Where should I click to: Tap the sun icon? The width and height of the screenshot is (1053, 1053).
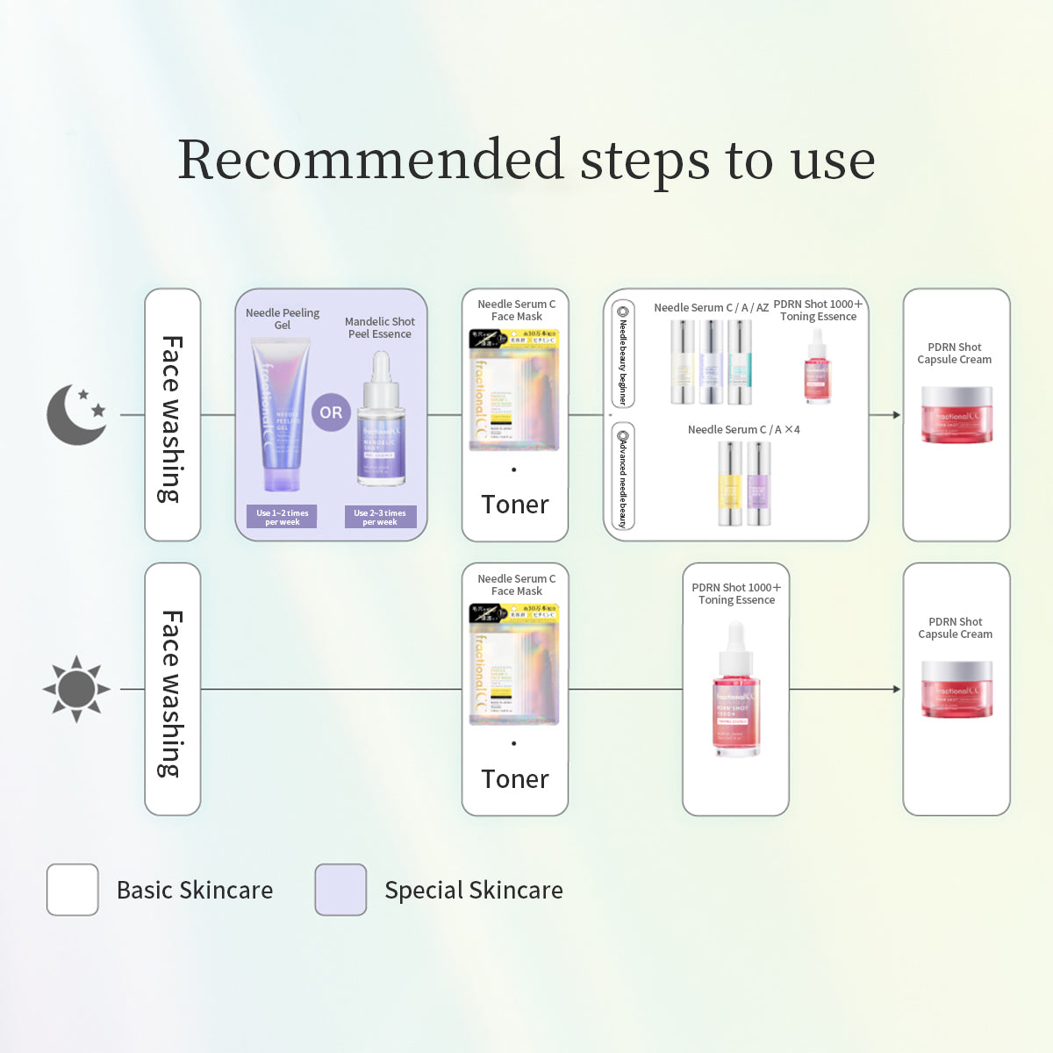(x=76, y=689)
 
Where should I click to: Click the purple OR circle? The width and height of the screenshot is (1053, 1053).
(x=331, y=412)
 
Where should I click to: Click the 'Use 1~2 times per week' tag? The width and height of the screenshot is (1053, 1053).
(x=282, y=517)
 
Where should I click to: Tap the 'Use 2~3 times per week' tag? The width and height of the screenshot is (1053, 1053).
(x=380, y=517)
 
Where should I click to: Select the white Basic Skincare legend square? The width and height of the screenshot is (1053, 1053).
(x=73, y=890)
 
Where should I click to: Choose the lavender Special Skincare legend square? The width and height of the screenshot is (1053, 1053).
(x=340, y=890)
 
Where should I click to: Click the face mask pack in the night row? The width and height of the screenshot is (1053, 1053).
(x=515, y=391)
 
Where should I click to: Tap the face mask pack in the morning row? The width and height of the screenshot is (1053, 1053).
(x=515, y=665)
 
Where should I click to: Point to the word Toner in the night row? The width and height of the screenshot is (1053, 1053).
(x=515, y=505)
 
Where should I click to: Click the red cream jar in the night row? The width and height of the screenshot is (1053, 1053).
(x=956, y=414)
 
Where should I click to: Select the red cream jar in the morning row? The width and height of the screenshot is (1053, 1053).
(x=956, y=689)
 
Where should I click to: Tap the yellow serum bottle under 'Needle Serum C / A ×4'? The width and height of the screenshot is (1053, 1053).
(x=730, y=483)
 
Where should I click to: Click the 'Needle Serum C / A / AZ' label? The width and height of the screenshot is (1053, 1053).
(x=711, y=308)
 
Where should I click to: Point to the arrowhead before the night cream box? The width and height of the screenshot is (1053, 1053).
(x=896, y=415)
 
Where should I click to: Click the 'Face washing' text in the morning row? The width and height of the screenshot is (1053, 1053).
(x=172, y=693)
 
